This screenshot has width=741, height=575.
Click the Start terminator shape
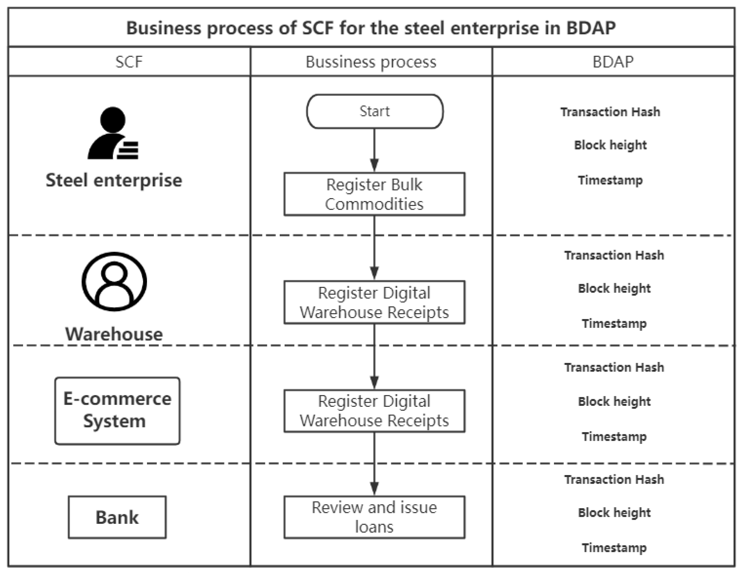coord(375,111)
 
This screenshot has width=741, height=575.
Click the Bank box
coord(117,517)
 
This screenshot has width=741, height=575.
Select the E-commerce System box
coord(117,411)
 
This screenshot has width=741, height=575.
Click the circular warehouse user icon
coord(114,281)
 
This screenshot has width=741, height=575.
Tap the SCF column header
coord(129,62)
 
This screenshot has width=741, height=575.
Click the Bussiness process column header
coord(371,62)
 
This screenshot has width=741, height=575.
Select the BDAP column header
coord(613,62)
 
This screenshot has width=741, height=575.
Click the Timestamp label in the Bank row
coord(614,548)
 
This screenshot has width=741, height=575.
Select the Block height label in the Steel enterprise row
coord(610,145)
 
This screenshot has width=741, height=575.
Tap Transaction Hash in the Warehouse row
coord(614,255)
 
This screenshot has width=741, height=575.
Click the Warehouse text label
coord(114,334)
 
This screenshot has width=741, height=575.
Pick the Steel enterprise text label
coord(114,180)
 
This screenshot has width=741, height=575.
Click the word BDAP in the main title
coord(591,28)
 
